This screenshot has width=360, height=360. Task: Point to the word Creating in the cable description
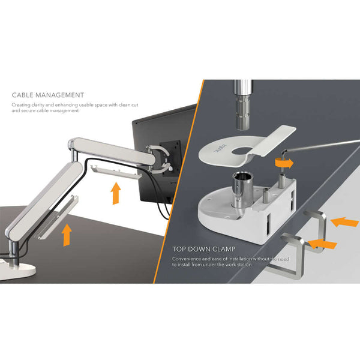pos(20,104)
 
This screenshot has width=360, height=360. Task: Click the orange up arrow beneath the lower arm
pos(67,233)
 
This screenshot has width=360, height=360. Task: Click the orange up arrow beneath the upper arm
pos(116,193)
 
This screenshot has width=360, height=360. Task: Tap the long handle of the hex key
pos(324,144)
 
